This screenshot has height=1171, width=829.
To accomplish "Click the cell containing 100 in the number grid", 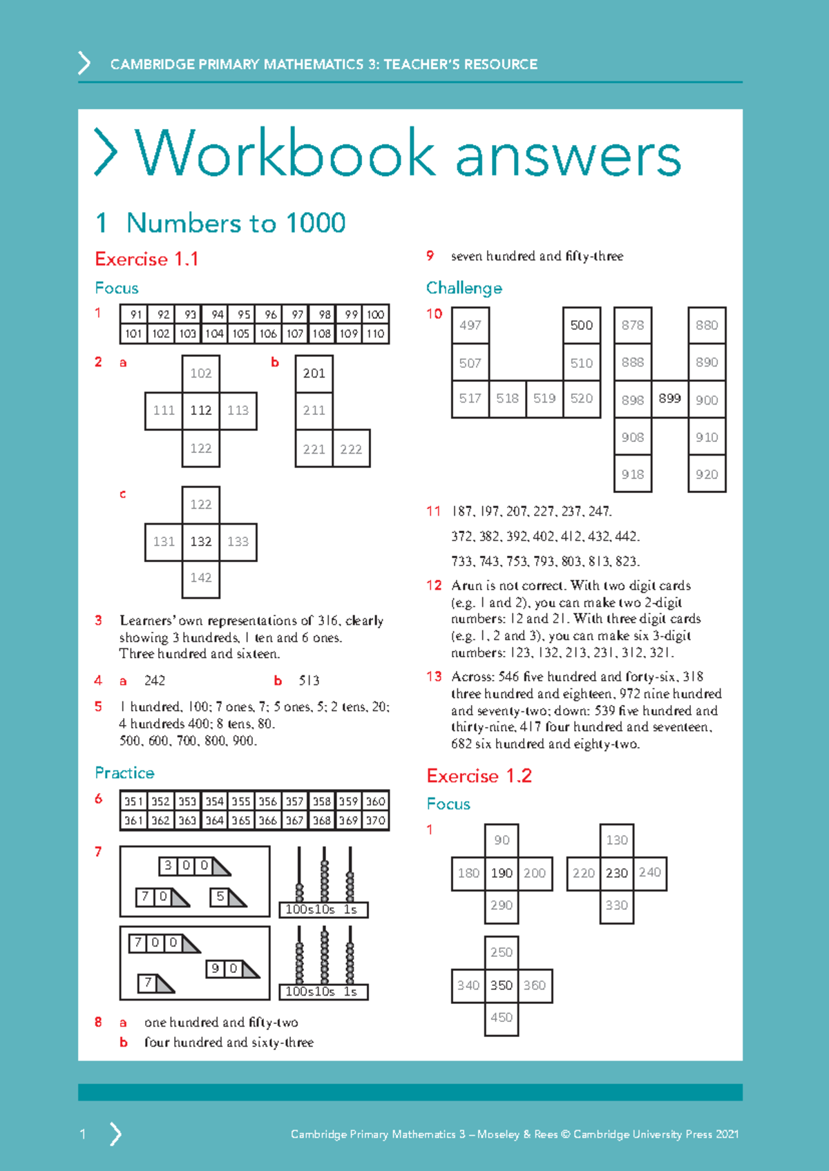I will [375, 315].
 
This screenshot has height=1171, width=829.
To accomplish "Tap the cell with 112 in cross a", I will [201, 411].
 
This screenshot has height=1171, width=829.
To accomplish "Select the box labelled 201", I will [314, 374].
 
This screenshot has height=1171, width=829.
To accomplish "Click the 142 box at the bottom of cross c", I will [201, 578].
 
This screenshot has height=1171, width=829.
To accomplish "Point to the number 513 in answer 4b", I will [309, 681].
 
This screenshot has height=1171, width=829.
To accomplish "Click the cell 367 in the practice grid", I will [295, 820].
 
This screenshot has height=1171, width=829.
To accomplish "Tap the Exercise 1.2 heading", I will [479, 776].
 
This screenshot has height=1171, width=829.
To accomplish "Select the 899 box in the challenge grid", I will [669, 398].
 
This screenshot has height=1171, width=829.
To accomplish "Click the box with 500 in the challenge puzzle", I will [581, 325].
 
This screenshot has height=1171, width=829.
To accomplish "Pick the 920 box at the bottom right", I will [707, 474].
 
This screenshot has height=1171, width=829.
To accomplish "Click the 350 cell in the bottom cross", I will [502, 985].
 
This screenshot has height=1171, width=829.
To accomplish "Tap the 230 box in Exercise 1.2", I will [616, 873].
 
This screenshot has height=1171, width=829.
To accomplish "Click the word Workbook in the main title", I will [285, 154].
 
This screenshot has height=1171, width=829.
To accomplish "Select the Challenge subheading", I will [464, 288].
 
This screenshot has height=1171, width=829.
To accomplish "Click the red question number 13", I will [434, 677].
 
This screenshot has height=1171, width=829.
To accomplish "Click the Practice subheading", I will [124, 773].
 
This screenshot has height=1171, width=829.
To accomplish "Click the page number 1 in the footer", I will [83, 1134].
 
